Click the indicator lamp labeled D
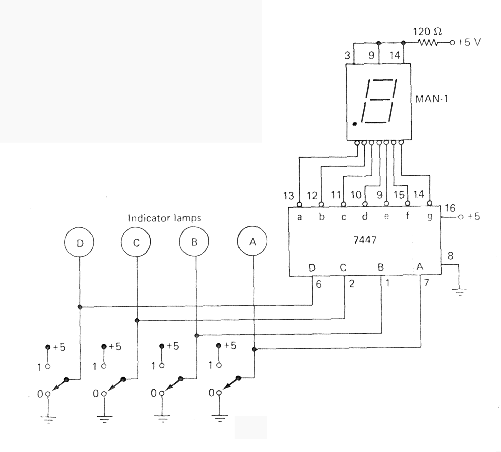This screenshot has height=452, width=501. tap(79, 243)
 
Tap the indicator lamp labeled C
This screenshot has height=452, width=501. tap(136, 243)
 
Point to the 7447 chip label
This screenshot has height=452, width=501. tap(365, 240)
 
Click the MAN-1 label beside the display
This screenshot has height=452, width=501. tap(431, 99)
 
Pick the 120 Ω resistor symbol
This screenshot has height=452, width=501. tap(428, 42)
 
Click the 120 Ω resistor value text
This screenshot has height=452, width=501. tap(427, 32)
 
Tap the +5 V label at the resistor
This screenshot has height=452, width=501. tap(469, 42)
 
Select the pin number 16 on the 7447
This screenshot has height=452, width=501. tap(450, 208)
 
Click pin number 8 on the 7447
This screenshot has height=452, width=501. tap(450, 256)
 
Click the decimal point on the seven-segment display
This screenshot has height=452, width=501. tap(355, 124)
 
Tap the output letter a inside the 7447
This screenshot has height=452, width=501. tap(299, 217)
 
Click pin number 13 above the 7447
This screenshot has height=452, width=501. tap(289, 195)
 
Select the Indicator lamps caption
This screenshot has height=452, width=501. tap(164, 218)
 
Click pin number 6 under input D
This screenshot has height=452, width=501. tap(319, 284)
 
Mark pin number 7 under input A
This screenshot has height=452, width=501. tap(427, 282)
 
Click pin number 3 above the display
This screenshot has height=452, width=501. tap(347, 55)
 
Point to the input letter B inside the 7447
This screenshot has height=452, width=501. tap(381, 267)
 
